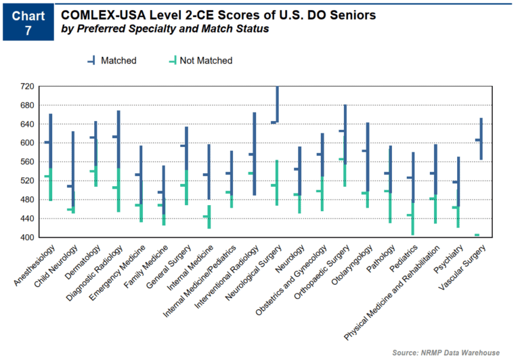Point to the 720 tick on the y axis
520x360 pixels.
(x=27, y=87)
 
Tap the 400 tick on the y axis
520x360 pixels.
(x=27, y=238)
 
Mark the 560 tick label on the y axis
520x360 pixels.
(x=27, y=162)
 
